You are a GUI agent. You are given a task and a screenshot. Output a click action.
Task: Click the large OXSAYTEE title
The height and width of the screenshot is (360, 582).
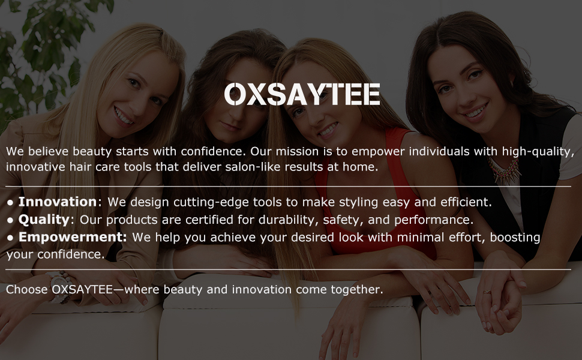pos(302,94)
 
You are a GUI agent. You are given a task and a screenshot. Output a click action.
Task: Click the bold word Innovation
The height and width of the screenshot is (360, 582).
pos(57,202)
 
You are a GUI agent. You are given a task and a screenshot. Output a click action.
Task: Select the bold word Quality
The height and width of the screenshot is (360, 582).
pos(44,220)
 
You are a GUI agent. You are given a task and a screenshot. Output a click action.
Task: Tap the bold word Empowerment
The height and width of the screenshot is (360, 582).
pos(72,237)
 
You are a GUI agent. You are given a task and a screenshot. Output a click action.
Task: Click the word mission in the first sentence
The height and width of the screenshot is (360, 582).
pos(300,151)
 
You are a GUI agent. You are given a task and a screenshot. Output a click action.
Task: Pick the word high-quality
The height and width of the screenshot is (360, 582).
pos(539,151)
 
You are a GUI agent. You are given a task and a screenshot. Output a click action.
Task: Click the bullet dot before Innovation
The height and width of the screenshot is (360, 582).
pos(10,202)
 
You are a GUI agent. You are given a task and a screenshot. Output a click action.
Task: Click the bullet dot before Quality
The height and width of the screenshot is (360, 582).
pos(10,220)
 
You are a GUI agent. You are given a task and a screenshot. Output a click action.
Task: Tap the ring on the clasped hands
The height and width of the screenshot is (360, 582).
pos(487,292)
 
